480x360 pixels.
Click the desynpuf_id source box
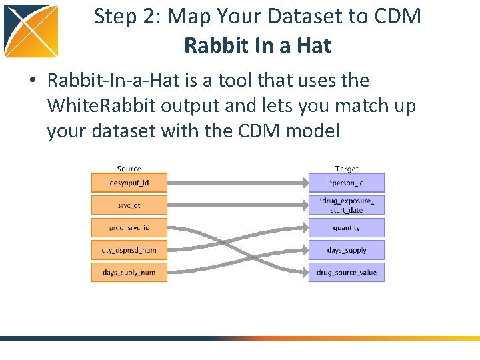(x=129, y=182)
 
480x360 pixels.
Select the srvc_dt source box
(x=129, y=205)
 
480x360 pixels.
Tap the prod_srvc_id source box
(x=129, y=227)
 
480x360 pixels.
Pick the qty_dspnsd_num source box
(x=129, y=250)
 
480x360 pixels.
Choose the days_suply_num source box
(x=129, y=272)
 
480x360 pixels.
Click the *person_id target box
(x=347, y=182)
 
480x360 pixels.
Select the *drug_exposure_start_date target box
(x=347, y=205)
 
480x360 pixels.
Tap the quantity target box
(x=347, y=227)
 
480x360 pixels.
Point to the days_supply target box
(x=347, y=250)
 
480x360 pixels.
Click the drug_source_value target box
(x=347, y=272)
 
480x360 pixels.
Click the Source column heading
(x=129, y=169)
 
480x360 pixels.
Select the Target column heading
(x=347, y=169)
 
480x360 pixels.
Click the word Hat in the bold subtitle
(x=315, y=45)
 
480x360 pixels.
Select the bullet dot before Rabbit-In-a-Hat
(x=32, y=81)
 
